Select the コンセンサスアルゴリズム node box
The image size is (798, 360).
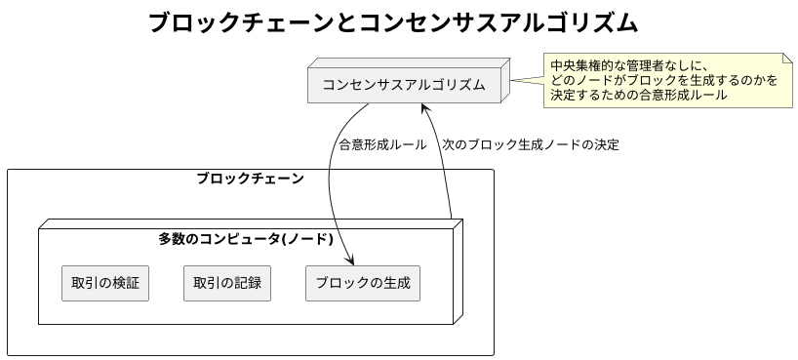pos(404,85)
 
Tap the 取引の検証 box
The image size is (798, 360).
pos(104,283)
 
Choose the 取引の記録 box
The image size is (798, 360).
pos(226,283)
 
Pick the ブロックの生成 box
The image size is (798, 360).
pos(363,283)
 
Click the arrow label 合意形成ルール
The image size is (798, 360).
pos(381,144)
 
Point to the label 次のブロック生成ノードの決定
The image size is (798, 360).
pos(530,144)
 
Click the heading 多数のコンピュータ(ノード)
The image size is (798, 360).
pos(246,238)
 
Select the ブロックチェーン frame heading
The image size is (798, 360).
pos(250,179)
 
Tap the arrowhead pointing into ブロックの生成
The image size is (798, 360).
pos(349,260)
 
